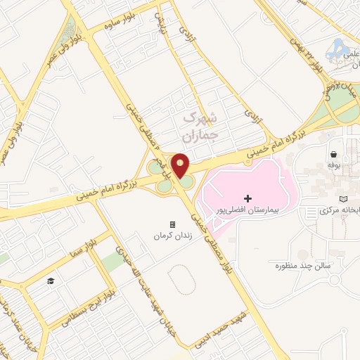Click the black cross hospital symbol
click(247, 199)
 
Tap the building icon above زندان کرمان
click(172, 224)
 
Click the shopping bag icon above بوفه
click(333, 153)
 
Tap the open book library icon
click(343, 199)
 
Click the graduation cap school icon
click(51, 281)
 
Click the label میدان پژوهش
click(336, 89)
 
